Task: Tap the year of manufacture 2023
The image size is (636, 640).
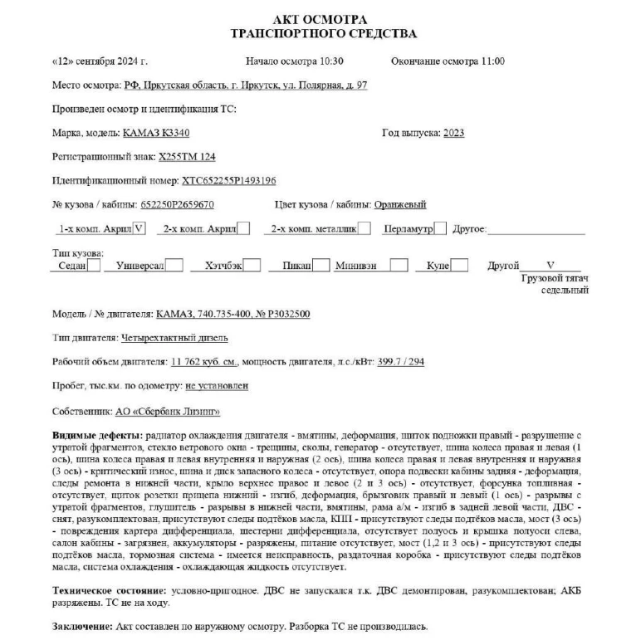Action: (453, 133)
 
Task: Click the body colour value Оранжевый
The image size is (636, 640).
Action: (400, 204)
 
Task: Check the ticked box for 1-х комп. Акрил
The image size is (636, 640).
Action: (139, 228)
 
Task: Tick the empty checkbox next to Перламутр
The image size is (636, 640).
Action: (440, 228)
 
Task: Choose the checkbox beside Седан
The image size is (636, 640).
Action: (95, 266)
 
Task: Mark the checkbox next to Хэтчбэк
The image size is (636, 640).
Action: (253, 266)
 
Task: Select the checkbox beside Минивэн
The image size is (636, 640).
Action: (399, 266)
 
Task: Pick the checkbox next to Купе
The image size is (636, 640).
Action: (459, 266)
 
